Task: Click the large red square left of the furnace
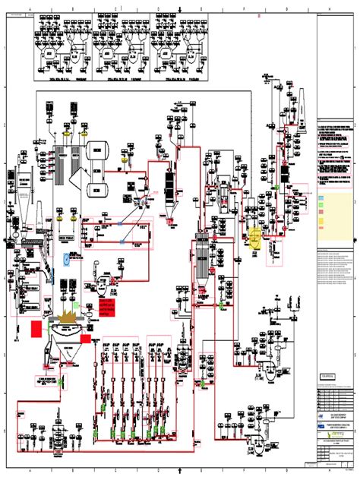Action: [x=36, y=328]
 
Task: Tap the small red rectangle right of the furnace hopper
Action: [x=86, y=338]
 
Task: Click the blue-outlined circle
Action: [x=67, y=259]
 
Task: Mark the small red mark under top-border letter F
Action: [x=259, y=14]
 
